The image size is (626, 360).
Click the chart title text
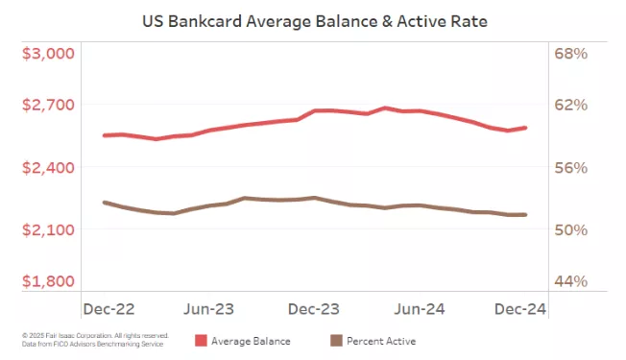pos(313,18)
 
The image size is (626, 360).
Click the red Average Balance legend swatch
pos(201,341)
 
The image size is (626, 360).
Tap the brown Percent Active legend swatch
pos(336,341)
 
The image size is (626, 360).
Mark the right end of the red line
pos(525,128)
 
